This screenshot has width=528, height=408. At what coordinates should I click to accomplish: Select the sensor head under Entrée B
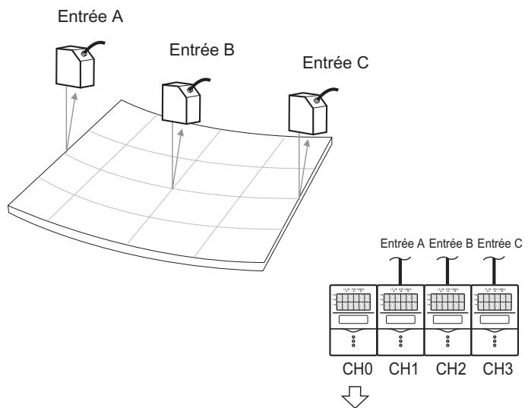click(x=179, y=97)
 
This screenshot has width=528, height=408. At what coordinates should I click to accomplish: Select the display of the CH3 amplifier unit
click(x=495, y=301)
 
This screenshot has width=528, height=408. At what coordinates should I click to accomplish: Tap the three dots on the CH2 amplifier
click(x=447, y=342)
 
